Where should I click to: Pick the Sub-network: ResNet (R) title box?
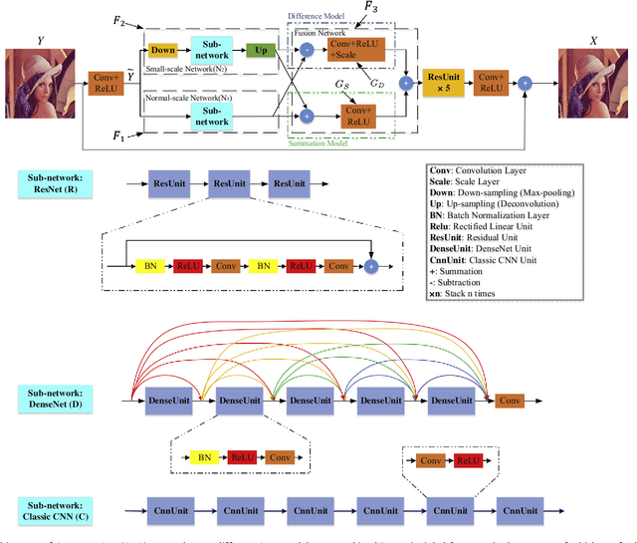point(56,184)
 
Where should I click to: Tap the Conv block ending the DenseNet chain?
point(509,402)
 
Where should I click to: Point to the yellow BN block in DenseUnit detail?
point(204,456)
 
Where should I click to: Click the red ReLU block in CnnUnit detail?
point(466,461)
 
